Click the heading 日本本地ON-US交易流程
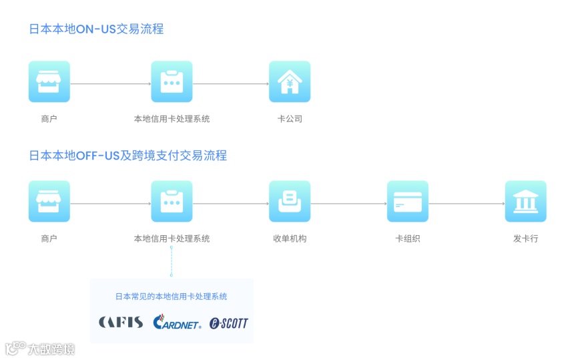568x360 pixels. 96,29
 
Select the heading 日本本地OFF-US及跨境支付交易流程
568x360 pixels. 127,156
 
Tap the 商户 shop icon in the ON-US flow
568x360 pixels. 49,81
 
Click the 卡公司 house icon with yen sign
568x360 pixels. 290,81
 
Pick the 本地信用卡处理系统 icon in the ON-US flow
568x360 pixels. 172,81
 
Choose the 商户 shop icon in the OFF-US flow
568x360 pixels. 49,201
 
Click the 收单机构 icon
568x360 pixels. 290,201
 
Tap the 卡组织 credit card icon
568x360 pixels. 408,201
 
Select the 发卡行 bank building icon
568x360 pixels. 525,201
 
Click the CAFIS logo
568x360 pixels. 120,323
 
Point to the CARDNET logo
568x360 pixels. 177,323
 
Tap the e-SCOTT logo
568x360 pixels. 228,323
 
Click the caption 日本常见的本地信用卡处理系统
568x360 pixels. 172,297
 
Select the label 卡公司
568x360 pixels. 290,119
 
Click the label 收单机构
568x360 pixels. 290,238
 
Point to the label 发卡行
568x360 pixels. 525,238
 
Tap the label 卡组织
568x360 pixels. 408,238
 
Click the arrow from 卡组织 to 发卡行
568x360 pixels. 467,204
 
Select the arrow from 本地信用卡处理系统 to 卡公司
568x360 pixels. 230,84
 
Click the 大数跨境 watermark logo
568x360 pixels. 40,349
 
